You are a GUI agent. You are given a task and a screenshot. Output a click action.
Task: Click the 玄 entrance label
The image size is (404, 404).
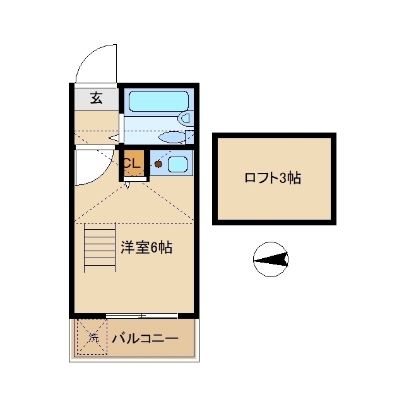(x=97, y=98)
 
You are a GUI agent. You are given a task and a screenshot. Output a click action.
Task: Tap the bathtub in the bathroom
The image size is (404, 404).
(x=158, y=101)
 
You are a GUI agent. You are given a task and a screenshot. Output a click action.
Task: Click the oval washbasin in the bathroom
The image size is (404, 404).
(x=172, y=138)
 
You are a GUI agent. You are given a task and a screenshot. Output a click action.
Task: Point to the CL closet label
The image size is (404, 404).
(x=133, y=163)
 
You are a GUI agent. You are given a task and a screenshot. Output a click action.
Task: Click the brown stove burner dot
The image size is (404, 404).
(x=158, y=164)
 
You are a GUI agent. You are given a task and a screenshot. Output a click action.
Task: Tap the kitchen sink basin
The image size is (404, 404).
(x=177, y=164)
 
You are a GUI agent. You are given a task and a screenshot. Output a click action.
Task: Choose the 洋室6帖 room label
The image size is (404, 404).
(x=146, y=247)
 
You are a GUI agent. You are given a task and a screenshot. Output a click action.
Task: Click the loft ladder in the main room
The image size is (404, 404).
(x=100, y=247)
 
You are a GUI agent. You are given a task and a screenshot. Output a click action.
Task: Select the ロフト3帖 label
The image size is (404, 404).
(x=273, y=178)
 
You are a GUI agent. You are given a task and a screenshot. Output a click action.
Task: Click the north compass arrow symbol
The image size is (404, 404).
(x=271, y=259)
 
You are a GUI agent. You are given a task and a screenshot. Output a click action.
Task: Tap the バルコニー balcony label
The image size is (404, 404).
(x=145, y=338)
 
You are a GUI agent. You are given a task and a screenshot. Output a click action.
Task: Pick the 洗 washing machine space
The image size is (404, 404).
(x=92, y=336)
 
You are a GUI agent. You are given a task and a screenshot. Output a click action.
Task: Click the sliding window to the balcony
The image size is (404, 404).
(x=141, y=316)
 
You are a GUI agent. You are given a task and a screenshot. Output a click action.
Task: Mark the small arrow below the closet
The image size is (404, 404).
(x=128, y=185)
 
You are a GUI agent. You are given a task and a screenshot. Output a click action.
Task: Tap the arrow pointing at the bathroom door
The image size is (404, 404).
(x=114, y=138)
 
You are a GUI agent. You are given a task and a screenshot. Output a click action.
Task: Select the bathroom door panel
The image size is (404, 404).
(x=121, y=128)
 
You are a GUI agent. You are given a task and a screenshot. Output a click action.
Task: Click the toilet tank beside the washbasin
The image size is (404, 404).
(x=189, y=137)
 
